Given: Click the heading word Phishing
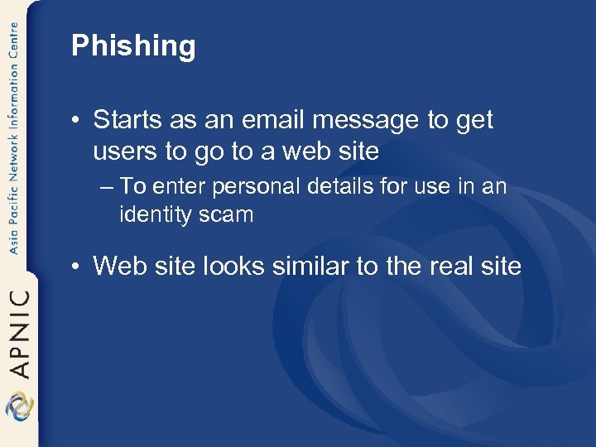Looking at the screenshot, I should pos(133,46).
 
